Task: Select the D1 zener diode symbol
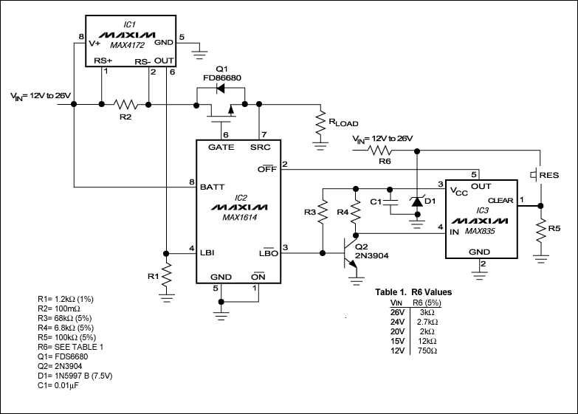click(417, 200)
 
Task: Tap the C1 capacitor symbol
click(393, 201)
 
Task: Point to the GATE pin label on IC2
click(221, 148)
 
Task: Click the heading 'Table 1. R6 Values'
click(413, 292)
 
